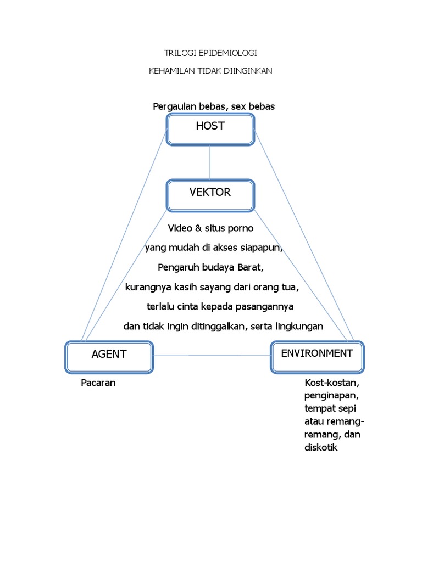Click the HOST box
point(210,130)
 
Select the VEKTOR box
point(210,195)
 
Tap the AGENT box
point(109,357)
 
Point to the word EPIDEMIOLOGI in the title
point(230,53)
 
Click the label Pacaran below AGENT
point(98,383)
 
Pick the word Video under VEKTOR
point(180,228)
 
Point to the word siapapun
point(261,248)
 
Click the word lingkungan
point(297,326)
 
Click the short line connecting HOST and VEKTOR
point(210,162)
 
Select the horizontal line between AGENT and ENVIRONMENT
point(212,356)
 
